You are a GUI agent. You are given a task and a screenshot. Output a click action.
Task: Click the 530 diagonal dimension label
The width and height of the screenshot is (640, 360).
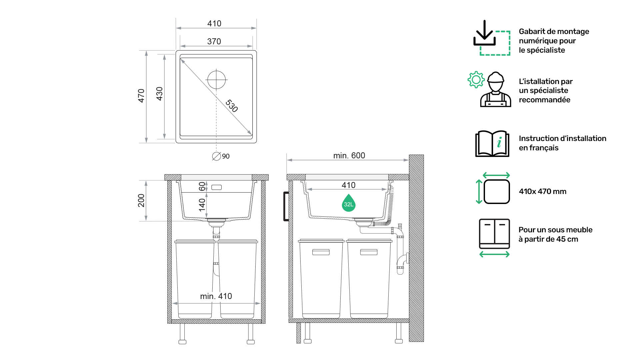coord(232,106)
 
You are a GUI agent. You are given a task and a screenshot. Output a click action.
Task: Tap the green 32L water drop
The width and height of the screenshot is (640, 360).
coord(349,203)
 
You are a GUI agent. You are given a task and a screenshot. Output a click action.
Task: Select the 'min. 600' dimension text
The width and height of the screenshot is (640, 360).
coord(349,156)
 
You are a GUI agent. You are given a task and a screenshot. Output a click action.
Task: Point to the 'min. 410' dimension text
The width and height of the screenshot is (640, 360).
coord(216,296)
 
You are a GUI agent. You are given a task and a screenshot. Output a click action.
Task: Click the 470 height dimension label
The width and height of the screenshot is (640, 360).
coord(141,96)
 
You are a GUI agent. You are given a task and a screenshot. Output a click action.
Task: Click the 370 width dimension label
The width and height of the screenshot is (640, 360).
coord(214,41)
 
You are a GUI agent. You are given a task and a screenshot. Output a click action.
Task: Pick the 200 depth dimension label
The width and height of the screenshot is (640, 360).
coord(141,200)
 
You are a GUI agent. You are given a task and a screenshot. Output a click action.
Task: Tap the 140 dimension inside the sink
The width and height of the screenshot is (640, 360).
coord(202,205)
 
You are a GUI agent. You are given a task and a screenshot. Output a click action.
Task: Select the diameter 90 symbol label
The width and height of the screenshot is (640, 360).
coord(221,156)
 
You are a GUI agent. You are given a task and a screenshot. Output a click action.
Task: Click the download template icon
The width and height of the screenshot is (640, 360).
coord(492,38)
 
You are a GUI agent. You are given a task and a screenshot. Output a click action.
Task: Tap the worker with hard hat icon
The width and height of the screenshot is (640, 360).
coord(496,89)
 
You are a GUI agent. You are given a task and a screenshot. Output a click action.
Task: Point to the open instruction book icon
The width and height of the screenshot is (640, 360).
coord(492,143)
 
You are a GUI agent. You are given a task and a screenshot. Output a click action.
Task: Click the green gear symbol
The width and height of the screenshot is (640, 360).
coord(476,80)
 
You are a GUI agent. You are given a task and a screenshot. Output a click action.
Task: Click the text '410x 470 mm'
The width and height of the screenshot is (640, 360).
coord(543,191)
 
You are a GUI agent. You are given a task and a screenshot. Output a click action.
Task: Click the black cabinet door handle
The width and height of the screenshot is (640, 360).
coord(286,206)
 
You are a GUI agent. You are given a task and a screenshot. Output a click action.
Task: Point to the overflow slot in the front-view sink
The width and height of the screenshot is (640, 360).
coord(216,187)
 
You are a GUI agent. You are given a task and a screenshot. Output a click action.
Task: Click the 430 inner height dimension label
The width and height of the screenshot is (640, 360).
coord(159,94)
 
